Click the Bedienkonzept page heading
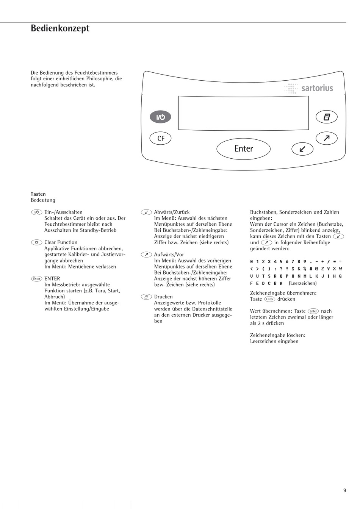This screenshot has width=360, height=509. point(60,28)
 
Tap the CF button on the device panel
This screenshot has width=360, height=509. point(161,139)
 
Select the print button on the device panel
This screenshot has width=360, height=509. point(327,117)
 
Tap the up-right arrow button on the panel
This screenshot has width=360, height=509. point(326,139)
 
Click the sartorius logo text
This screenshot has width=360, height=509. point(317,89)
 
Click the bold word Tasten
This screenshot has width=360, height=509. point(38,194)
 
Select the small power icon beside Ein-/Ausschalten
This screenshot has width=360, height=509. point(36,212)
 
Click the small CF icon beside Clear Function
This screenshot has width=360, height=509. point(36,242)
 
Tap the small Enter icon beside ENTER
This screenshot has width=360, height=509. point(36,279)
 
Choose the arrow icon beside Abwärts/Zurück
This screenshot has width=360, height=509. point(146,212)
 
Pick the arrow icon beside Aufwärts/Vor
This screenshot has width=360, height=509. point(146,254)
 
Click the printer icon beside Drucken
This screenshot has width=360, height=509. point(146,297)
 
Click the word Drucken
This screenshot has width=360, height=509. point(163,297)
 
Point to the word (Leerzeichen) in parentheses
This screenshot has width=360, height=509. point(302,283)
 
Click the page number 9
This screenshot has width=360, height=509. point(344,490)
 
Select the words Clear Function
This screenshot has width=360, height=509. point(61,242)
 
